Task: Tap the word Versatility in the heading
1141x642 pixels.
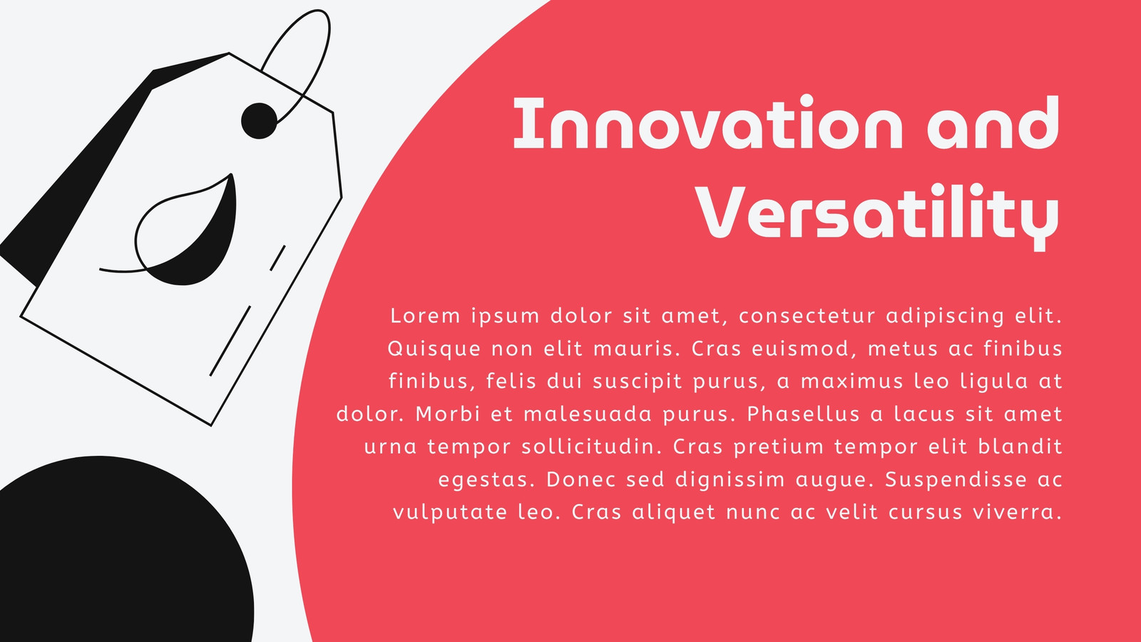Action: pyautogui.click(x=877, y=217)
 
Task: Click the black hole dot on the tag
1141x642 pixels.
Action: pyautogui.click(x=260, y=121)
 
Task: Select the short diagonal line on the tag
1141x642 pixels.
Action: pyautogui.click(x=277, y=258)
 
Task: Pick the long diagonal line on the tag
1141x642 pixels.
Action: pyautogui.click(x=230, y=341)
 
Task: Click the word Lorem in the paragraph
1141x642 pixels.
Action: pyautogui.click(x=425, y=315)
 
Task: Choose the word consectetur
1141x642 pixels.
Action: pyautogui.click(x=807, y=315)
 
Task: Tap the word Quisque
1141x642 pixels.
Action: pyautogui.click(x=434, y=349)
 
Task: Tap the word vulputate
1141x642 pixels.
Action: pyautogui.click(x=450, y=513)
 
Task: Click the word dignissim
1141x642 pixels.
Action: pyautogui.click(x=730, y=480)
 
